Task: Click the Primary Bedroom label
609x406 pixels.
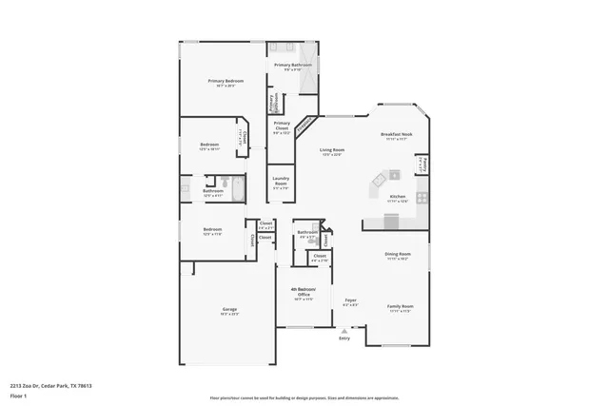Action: (226, 81)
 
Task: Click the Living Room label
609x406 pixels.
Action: (332, 149)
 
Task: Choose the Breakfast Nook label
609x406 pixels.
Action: (396, 134)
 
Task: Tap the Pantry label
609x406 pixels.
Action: (422, 164)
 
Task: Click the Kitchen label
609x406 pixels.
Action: (398, 196)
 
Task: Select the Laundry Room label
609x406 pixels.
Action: (281, 180)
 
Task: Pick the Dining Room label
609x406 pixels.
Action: (398, 254)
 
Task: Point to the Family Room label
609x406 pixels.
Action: (400, 306)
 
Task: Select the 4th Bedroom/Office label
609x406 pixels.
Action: (304, 291)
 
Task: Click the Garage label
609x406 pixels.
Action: (229, 309)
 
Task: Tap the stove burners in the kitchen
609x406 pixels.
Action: (422, 197)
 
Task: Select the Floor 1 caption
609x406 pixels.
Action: (18, 396)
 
